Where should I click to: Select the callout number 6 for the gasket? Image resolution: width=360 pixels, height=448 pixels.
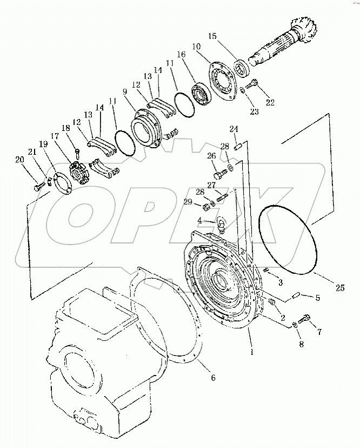point(212,378)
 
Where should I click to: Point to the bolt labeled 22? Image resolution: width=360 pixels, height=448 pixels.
point(253,84)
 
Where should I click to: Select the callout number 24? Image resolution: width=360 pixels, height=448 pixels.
point(234,129)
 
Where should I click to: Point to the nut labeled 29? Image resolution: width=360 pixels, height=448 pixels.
point(206,206)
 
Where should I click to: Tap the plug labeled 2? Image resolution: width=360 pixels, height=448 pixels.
point(272,302)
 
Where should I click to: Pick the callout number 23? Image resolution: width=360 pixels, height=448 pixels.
point(254,112)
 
